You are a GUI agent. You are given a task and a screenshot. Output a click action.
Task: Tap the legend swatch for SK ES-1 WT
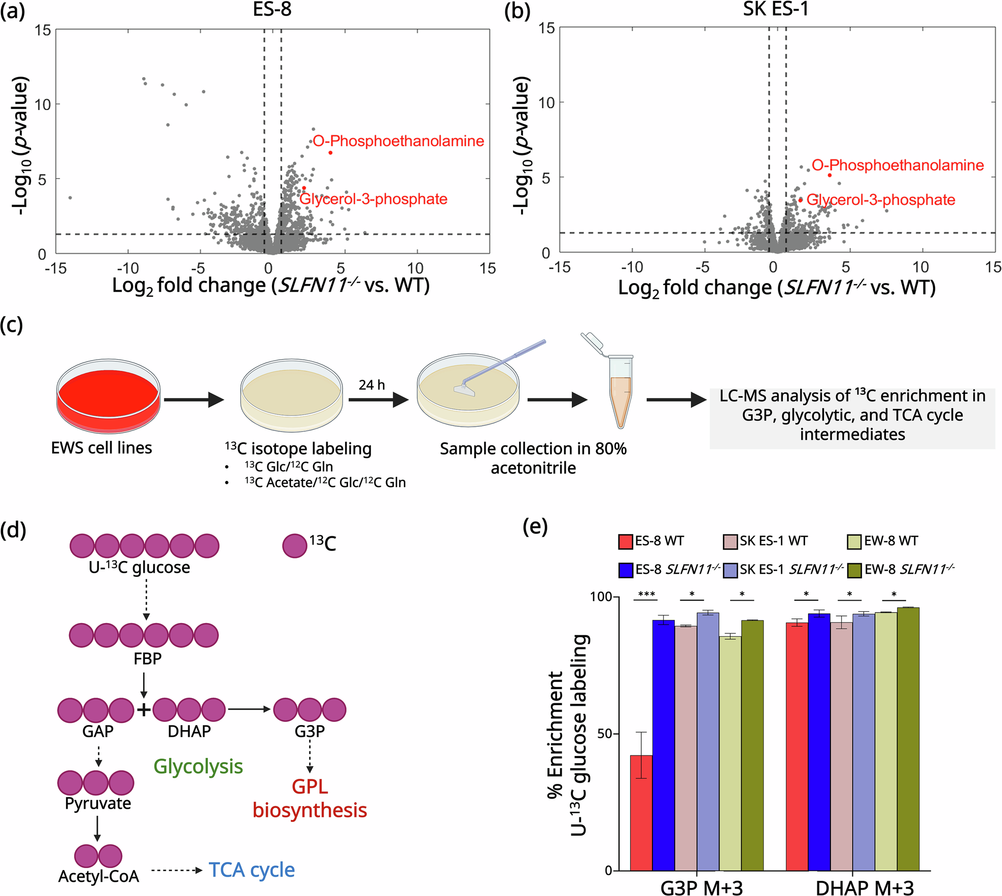tap(730, 541)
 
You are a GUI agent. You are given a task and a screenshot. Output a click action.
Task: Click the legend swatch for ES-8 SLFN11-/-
tap(626, 570)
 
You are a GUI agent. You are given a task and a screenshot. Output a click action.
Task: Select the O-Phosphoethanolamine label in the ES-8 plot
tap(398, 141)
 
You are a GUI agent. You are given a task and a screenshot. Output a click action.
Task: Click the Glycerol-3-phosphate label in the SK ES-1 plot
tap(881, 200)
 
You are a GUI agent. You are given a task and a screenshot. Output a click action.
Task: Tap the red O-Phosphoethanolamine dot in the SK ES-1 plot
tap(830, 175)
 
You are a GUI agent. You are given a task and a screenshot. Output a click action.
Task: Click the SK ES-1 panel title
tap(776, 9)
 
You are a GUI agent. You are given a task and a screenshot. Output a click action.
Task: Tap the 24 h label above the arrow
tap(371, 385)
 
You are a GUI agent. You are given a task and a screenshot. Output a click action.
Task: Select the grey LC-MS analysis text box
tap(852, 415)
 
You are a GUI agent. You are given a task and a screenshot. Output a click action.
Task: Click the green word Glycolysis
tap(198, 766)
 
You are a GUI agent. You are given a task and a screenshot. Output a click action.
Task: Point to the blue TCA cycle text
tap(252, 870)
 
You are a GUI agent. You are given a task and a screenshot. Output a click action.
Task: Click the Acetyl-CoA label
tap(98, 876)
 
